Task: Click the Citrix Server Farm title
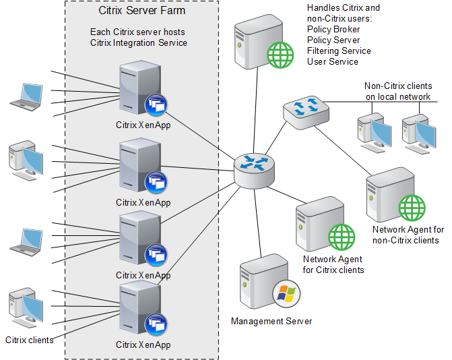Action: point(142,11)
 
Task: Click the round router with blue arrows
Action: point(254,171)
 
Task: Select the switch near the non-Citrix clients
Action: point(306,113)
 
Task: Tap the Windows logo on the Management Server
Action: point(286,294)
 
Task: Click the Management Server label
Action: point(271,322)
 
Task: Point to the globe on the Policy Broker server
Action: point(280,55)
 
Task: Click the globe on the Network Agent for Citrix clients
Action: point(342,237)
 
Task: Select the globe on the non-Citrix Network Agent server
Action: point(412,208)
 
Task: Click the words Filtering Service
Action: point(339,51)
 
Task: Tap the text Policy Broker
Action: point(333,30)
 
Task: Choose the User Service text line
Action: point(332,62)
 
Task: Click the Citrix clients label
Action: point(30,340)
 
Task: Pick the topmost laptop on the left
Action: point(26,97)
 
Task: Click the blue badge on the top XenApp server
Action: point(156,104)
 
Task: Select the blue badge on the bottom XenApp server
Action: point(156,324)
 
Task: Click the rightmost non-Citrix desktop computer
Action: point(419,134)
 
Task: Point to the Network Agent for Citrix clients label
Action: point(333,264)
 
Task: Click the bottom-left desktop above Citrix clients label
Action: point(26,307)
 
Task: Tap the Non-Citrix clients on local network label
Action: point(398,91)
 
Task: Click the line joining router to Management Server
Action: point(258,223)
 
